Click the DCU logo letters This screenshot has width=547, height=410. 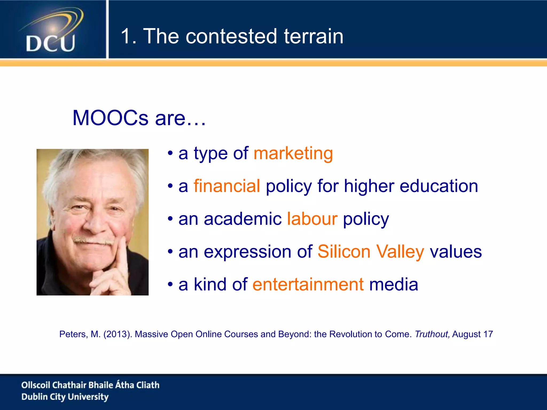50,44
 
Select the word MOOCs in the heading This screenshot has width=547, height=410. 110,118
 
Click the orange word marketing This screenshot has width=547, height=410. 293,153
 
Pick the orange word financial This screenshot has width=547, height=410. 227,186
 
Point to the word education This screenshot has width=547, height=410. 439,186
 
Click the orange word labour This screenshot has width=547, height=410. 312,219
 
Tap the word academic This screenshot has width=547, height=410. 243,219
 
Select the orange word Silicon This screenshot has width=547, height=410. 344,252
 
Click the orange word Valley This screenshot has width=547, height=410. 400,252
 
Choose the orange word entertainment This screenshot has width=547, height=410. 308,285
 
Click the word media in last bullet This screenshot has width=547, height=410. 393,285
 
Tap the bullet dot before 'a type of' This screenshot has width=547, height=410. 170,153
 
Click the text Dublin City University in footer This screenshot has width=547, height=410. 65,397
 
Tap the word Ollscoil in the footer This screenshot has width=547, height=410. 36,385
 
